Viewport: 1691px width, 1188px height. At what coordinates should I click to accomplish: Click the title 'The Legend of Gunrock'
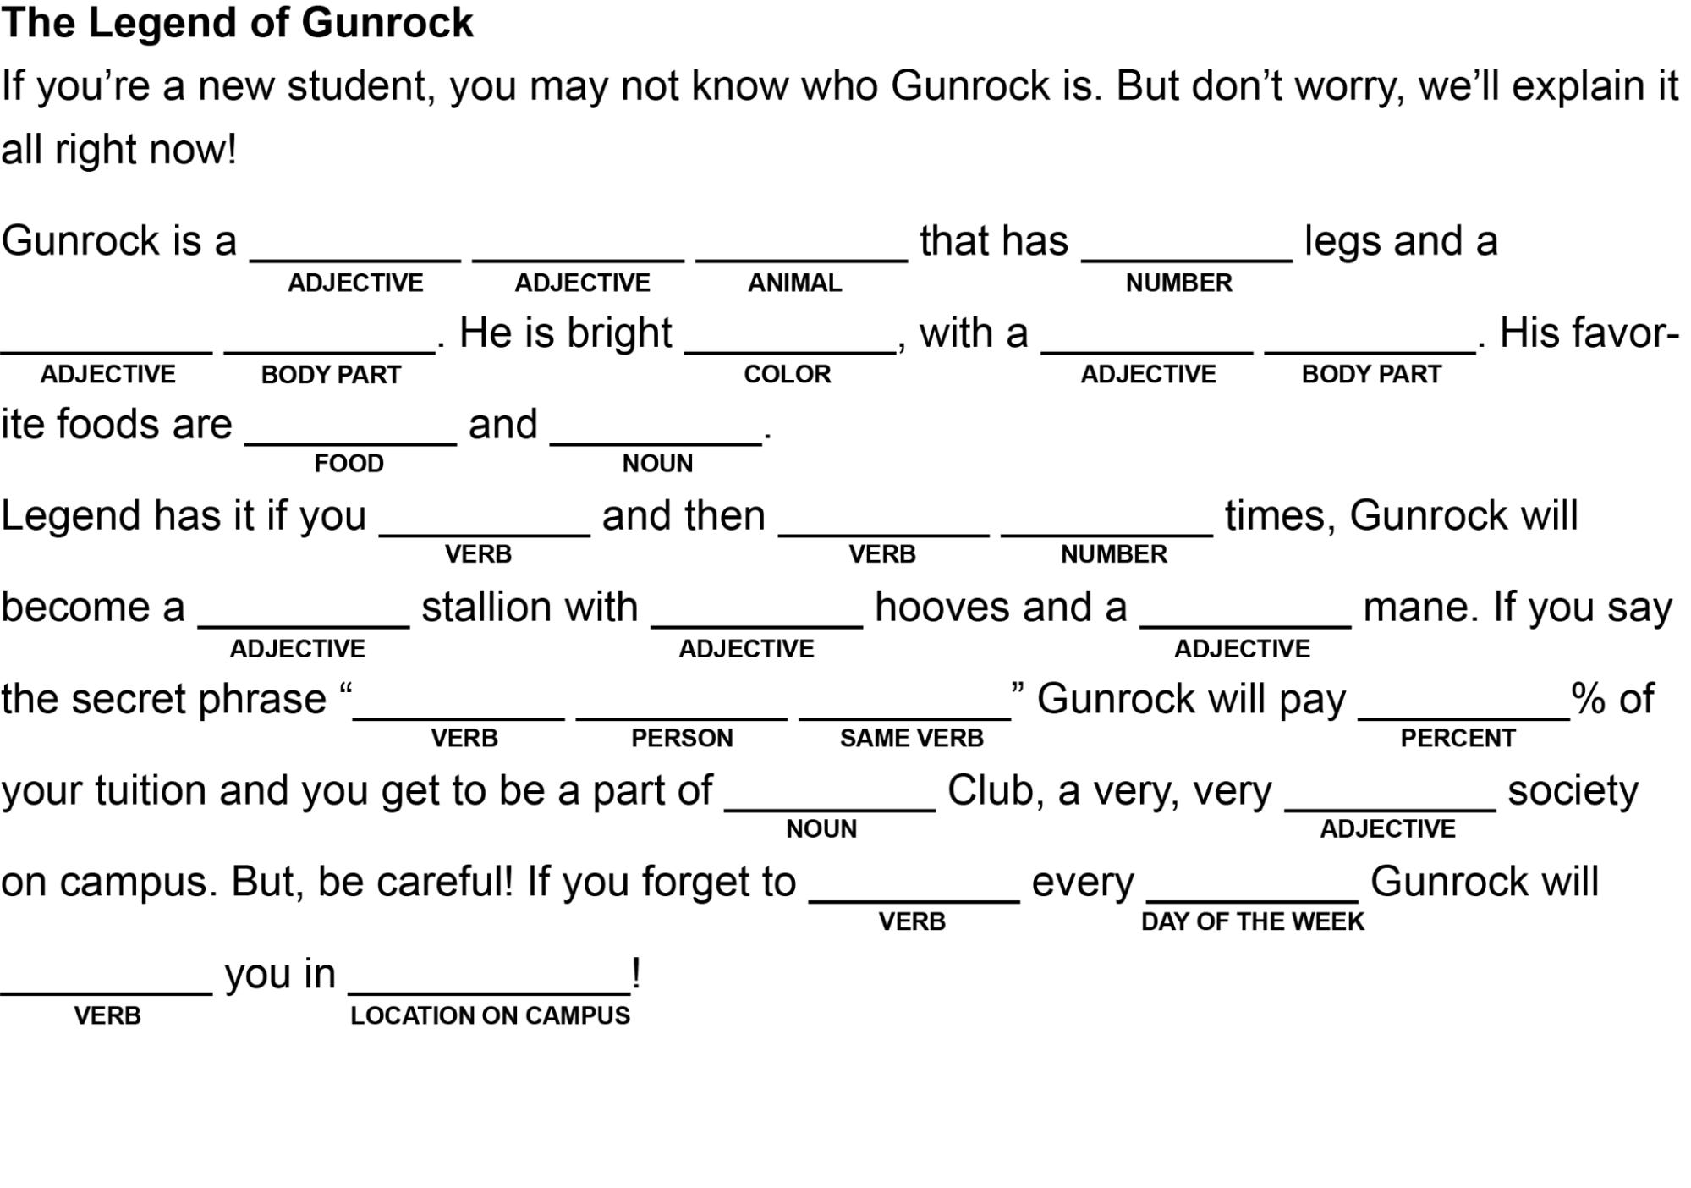[237, 23]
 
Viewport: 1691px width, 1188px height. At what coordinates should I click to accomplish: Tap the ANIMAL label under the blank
[794, 283]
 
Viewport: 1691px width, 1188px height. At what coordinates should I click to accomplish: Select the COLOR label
[787, 374]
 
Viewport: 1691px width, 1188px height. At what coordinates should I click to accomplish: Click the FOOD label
[349, 464]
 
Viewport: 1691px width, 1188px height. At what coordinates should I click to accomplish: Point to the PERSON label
[682, 739]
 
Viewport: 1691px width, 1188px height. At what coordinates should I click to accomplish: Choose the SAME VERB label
[911, 739]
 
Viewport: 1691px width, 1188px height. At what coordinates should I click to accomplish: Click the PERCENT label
[1458, 739]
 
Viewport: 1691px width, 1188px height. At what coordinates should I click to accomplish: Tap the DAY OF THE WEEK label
[1252, 921]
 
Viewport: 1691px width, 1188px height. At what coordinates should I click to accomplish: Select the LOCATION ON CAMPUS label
[490, 1015]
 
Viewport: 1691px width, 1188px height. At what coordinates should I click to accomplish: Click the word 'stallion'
[530, 608]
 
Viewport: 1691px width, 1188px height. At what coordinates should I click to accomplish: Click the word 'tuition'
[150, 790]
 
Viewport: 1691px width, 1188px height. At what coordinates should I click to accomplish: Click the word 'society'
[1573, 790]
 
